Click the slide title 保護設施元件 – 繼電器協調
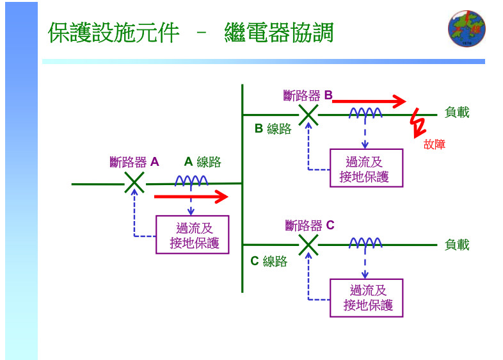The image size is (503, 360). (191, 33)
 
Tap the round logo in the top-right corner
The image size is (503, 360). (467, 29)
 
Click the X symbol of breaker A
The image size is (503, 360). (134, 183)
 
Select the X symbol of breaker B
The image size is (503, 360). (308, 115)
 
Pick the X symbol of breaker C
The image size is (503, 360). (308, 245)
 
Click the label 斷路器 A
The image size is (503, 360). (134, 162)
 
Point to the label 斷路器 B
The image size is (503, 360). (308, 95)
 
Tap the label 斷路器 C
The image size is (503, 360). (310, 225)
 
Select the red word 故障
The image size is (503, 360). (435, 145)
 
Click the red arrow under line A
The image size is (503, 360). (191, 197)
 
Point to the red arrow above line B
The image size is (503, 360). (369, 101)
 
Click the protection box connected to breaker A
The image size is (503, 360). (193, 235)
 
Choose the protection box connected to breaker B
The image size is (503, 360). (366, 168)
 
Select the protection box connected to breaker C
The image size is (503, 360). (366, 298)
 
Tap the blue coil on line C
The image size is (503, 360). (365, 243)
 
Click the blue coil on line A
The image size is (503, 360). (191, 181)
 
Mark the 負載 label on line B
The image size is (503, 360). (457, 113)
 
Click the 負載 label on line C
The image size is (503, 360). (457, 245)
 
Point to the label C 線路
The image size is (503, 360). (269, 261)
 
